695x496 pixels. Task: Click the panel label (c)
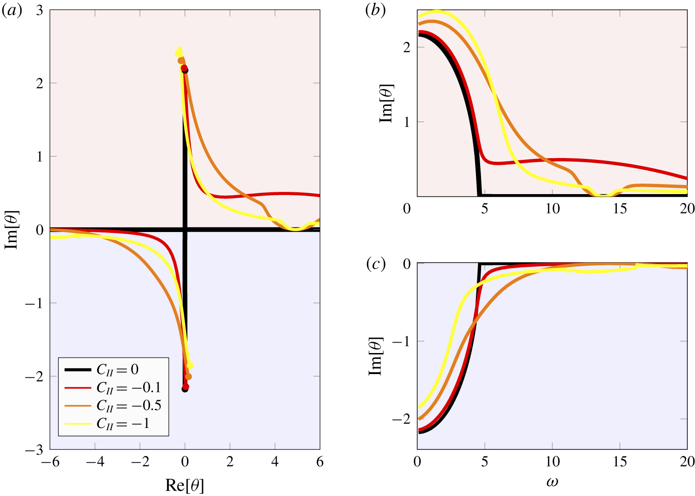click(x=376, y=264)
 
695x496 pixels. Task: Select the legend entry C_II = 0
click(x=117, y=369)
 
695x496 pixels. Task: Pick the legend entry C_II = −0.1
click(x=128, y=388)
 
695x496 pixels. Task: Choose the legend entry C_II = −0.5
click(x=128, y=406)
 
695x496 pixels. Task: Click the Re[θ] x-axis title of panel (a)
click(x=185, y=485)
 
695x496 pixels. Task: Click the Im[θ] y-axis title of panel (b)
click(x=387, y=103)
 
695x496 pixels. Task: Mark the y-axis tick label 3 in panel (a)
click(x=39, y=10)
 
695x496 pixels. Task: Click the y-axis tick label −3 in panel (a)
click(x=36, y=450)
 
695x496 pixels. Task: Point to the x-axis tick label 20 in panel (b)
click(x=687, y=209)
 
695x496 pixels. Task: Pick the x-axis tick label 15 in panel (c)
click(x=620, y=462)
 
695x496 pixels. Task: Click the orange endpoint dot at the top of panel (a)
click(x=181, y=60)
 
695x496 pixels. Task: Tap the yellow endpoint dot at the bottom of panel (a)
click(x=190, y=365)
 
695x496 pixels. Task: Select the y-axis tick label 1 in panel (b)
click(x=407, y=122)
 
